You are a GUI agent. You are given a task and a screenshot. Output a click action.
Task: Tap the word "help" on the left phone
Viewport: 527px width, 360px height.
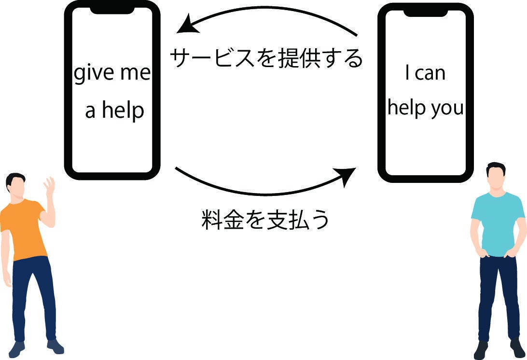coord(123,110)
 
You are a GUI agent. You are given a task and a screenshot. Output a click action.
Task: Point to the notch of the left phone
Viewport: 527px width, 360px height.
coord(112,10)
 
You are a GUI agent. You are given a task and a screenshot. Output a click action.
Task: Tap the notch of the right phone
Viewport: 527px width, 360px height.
coord(426,13)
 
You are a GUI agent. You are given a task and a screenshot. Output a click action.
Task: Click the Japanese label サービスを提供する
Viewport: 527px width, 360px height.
coord(266,58)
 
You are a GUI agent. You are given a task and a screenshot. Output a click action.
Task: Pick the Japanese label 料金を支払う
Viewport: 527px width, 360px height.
coord(265,220)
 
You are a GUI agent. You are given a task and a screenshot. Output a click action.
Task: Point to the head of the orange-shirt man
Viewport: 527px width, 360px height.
coord(15,185)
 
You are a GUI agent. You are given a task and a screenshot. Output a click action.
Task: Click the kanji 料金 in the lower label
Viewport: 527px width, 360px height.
coord(222,220)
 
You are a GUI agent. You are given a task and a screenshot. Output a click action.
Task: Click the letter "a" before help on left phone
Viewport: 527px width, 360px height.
coord(90,111)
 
